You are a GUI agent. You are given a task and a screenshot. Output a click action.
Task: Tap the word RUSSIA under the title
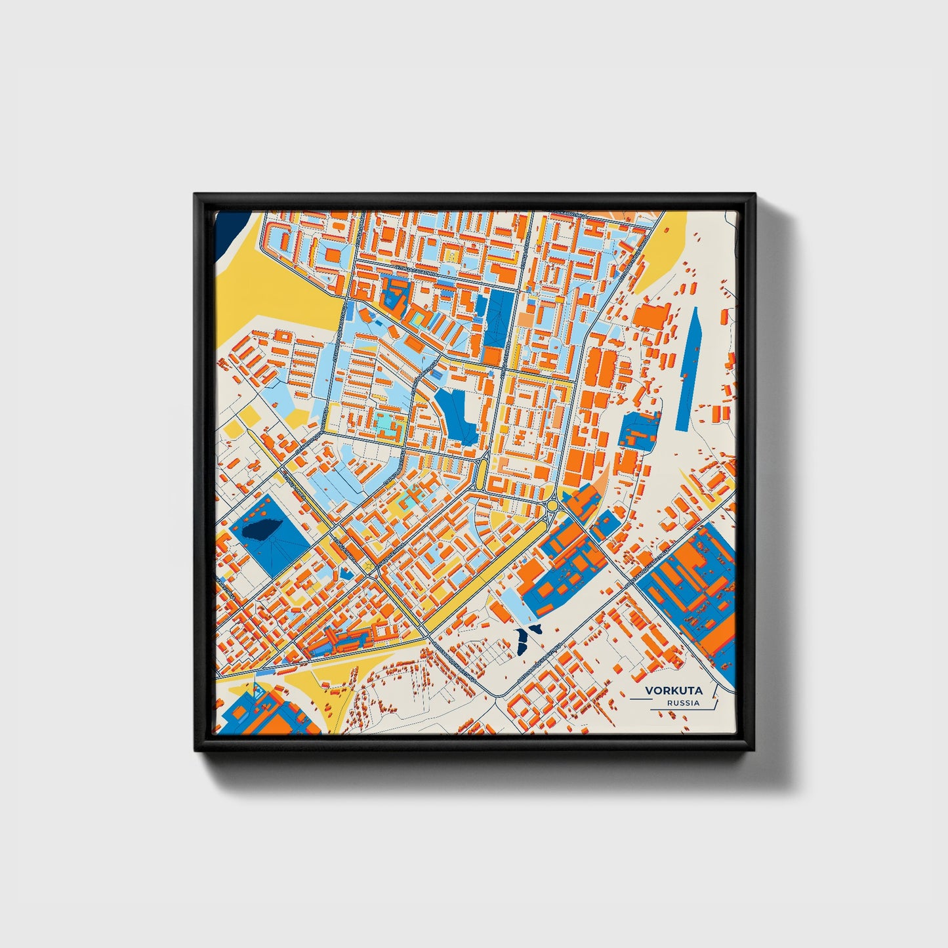(683, 703)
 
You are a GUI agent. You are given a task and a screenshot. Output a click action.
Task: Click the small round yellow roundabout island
(552, 505)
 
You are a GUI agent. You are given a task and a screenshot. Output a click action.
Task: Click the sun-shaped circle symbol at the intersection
(369, 565)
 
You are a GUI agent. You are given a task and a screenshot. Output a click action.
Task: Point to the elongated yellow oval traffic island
(482, 472)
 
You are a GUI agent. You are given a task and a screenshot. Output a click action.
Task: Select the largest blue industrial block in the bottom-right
(689, 584)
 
